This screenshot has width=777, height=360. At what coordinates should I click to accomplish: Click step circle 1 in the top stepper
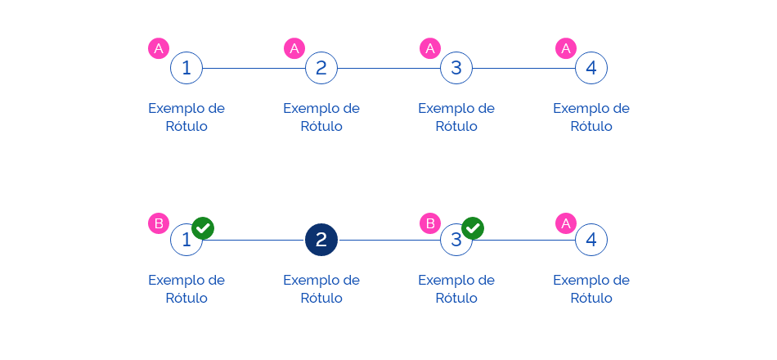[x=186, y=68]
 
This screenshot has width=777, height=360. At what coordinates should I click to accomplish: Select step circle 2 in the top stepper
[x=321, y=68]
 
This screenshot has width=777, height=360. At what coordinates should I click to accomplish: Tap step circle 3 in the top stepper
[x=456, y=68]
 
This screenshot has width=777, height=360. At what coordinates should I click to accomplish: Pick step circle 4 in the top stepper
[x=591, y=68]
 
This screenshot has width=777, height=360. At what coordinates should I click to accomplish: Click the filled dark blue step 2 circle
[x=321, y=240]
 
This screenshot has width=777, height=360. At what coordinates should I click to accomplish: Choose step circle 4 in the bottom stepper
[x=591, y=240]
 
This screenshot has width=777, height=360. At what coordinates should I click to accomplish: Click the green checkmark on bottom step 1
[x=203, y=228]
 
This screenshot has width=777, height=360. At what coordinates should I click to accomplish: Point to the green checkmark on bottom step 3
[x=473, y=228]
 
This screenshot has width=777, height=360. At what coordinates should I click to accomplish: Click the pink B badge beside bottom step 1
[x=159, y=223]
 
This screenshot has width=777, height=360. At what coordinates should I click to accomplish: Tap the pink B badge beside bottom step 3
[x=429, y=223]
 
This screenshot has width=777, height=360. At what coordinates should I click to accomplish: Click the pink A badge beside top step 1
[x=159, y=49]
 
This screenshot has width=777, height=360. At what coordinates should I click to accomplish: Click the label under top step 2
[x=321, y=117]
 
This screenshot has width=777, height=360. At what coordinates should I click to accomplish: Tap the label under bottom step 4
[x=591, y=289]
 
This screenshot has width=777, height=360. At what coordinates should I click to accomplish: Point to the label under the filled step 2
[x=321, y=289]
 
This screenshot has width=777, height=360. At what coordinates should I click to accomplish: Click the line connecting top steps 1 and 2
[x=254, y=68]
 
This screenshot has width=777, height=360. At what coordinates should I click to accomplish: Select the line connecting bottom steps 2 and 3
[x=388, y=240]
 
